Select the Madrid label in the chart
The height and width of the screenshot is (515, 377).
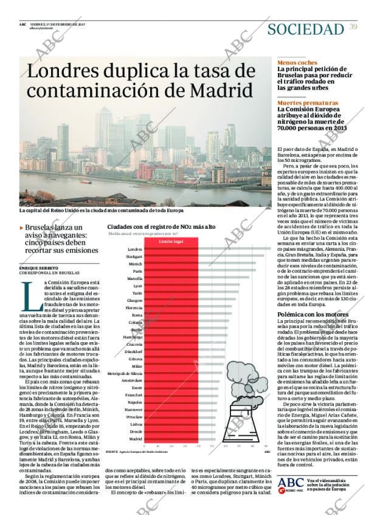pos(136,438)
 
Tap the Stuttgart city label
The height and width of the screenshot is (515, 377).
pos(134,257)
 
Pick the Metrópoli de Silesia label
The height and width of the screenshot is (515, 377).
pos(125,373)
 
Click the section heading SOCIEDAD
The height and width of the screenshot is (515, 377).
pos(306,29)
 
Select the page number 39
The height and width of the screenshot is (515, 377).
pos(354,26)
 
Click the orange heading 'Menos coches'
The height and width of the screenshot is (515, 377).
pos(297,63)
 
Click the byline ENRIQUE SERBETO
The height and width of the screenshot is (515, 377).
pos(39,268)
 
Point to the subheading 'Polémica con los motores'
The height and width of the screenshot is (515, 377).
pos(313,314)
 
